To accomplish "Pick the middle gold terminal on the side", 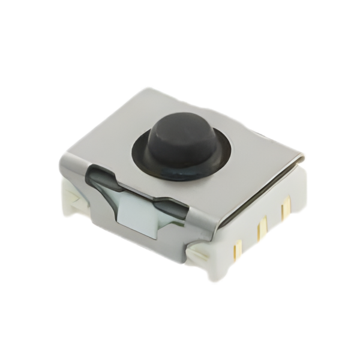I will tap(261, 229).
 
